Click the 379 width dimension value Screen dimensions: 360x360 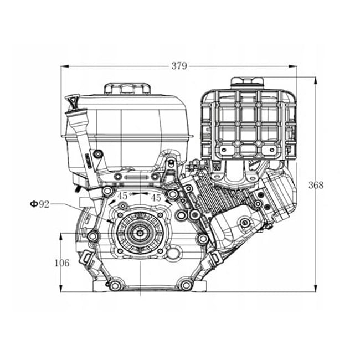coord(179,66)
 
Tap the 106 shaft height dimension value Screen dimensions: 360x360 coord(62,263)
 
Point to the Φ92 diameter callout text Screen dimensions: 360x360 coord(40,204)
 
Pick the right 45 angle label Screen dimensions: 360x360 coord(156,197)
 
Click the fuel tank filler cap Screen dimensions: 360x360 coord(127,89)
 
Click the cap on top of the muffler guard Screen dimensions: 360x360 coord(247,82)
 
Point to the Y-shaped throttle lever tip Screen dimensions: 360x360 coord(71,102)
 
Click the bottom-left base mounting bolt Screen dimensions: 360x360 coord(115,285)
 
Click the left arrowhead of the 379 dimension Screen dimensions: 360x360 coord(63,66)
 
